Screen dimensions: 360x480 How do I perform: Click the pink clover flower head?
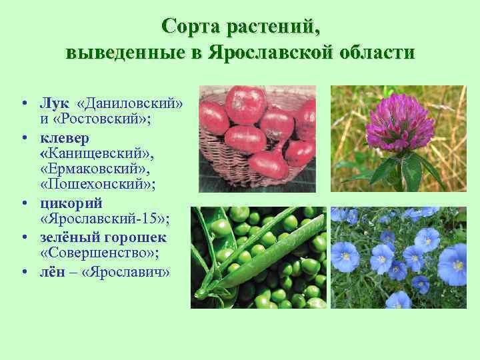(x=399, y=125)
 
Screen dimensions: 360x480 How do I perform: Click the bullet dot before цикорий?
(x=23, y=204)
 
